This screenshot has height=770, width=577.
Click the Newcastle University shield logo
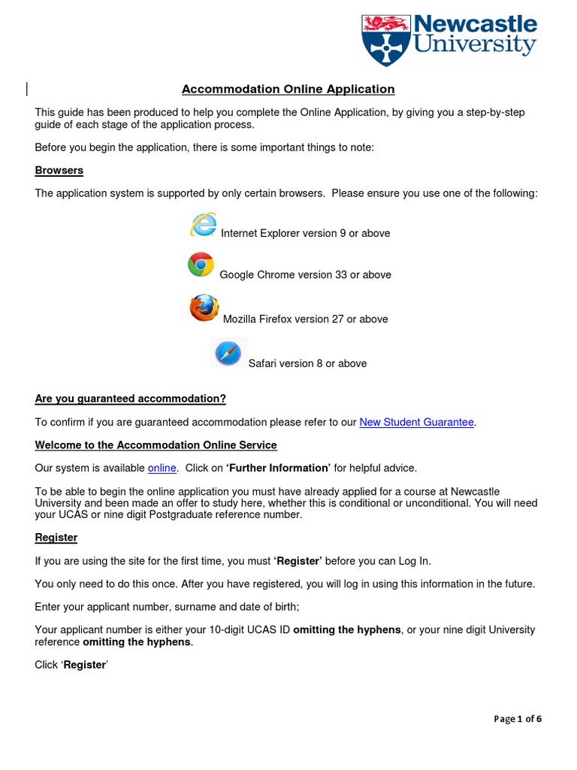pyautogui.click(x=386, y=39)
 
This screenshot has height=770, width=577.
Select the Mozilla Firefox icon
pyautogui.click(x=204, y=308)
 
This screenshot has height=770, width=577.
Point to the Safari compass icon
pyautogui.click(x=228, y=353)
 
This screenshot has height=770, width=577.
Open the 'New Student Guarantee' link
pyautogui.click(x=416, y=422)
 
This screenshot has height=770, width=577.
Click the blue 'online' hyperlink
pyautogui.click(x=162, y=468)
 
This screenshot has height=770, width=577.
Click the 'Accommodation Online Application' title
pyautogui.click(x=288, y=89)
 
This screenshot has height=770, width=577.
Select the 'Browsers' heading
pyautogui.click(x=59, y=171)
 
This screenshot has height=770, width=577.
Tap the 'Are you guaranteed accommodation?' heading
pyautogui.click(x=131, y=399)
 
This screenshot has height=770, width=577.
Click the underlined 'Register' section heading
pyautogui.click(x=56, y=538)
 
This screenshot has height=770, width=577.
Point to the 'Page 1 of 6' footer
pyautogui.click(x=518, y=719)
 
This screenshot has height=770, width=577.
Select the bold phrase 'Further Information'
pyautogui.click(x=278, y=468)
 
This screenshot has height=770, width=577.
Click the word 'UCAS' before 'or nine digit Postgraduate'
pyautogui.click(x=74, y=515)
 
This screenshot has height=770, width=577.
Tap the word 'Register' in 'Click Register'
pyautogui.click(x=84, y=665)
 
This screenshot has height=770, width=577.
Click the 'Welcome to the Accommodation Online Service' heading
pyautogui.click(x=156, y=445)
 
